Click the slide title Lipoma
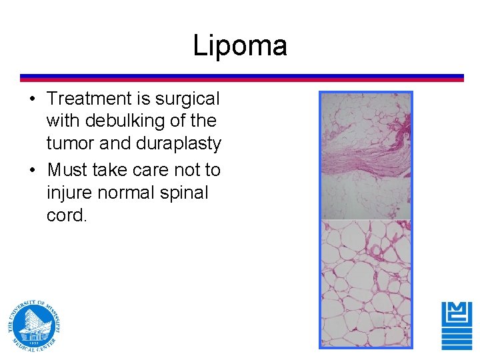240,45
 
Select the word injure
69,193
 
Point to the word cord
66,215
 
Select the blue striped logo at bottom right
457,325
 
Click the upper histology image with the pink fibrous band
366,156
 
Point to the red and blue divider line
241,77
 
